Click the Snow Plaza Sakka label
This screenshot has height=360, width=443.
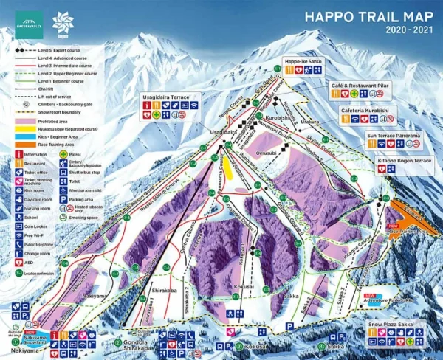pyautogui.click(x=394, y=324)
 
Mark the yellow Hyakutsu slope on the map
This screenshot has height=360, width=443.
pyautogui.click(x=230, y=169)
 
